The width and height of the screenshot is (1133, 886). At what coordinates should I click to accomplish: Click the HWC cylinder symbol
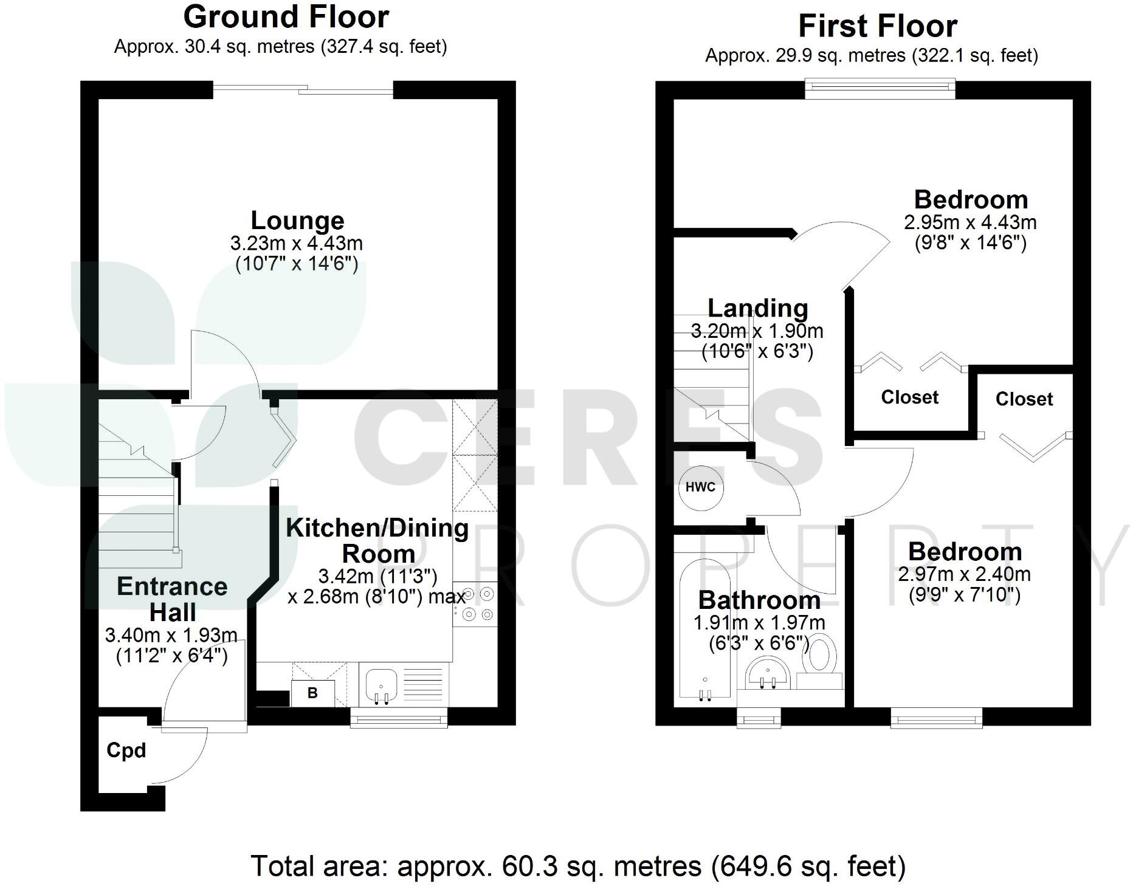click(701, 487)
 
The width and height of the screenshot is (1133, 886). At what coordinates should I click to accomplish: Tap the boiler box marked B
click(312, 693)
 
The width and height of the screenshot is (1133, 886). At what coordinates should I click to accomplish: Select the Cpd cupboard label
click(126, 750)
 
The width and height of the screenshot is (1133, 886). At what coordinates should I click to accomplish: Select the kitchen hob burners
click(477, 604)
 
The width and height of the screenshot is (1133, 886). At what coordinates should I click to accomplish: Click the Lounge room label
click(297, 220)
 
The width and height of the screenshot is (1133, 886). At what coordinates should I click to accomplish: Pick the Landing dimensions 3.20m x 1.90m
click(757, 332)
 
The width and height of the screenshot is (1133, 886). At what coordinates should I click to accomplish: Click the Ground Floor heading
click(286, 17)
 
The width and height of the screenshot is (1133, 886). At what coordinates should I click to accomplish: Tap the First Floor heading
click(877, 26)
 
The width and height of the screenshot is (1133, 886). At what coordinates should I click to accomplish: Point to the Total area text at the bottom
click(578, 866)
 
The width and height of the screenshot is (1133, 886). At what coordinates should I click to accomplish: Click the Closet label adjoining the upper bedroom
click(909, 397)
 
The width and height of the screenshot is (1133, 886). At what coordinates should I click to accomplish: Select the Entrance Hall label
click(172, 599)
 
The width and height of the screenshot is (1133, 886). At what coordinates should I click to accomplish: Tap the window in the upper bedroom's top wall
click(880, 89)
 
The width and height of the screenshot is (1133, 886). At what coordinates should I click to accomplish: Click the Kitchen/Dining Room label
click(377, 540)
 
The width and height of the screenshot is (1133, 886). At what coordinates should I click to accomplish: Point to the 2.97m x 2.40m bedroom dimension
click(964, 574)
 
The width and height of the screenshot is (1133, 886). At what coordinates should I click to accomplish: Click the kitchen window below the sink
click(399, 719)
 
